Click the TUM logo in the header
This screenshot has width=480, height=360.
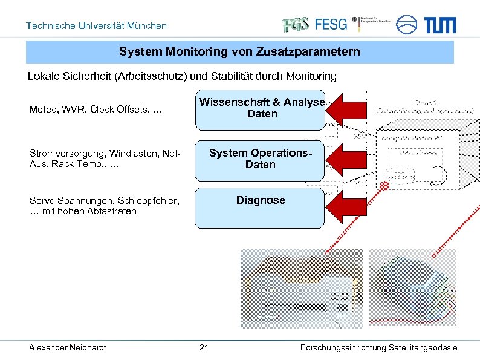click(439, 25)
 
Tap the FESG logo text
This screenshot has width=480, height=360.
click(331, 24)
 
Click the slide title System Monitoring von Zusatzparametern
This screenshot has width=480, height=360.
click(239, 52)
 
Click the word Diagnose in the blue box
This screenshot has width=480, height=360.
click(261, 200)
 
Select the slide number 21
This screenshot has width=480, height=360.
click(204, 347)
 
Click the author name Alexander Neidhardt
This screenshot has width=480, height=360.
click(68, 347)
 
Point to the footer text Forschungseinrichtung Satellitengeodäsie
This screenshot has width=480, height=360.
click(378, 347)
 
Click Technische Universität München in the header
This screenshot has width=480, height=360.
click(96, 26)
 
